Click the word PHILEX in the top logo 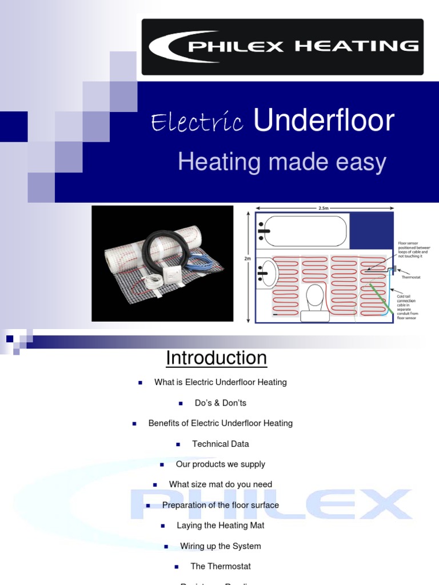(x=236, y=46)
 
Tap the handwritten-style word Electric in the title (x=197, y=122)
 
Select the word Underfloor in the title (x=324, y=121)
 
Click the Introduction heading (x=216, y=358)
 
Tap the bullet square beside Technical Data (x=178, y=444)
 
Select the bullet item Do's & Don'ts (x=220, y=403)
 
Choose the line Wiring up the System (x=220, y=546)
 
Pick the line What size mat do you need (x=220, y=484)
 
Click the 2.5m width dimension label (x=324, y=209)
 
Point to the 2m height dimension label (x=248, y=258)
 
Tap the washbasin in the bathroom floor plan (x=268, y=274)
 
